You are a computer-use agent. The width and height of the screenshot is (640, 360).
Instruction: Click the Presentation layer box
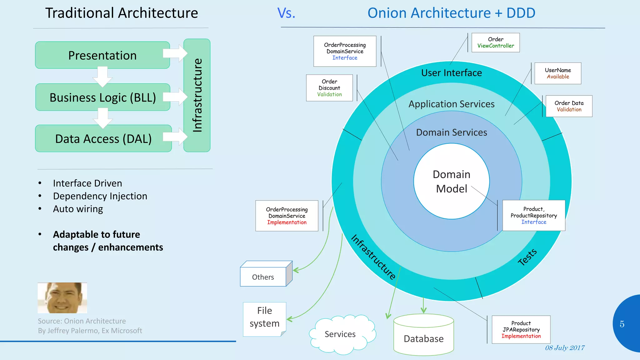[102, 55]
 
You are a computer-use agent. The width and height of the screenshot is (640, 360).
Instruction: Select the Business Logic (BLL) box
[102, 97]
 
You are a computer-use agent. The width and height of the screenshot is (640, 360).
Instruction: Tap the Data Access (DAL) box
[103, 139]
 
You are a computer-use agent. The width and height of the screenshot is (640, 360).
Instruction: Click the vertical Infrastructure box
[197, 95]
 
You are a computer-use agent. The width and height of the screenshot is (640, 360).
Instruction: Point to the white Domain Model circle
[451, 181]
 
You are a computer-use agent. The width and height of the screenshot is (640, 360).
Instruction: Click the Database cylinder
[423, 336]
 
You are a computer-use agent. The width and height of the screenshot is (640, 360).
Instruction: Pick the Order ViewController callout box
[496, 42]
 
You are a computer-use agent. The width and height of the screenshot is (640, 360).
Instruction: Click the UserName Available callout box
[558, 73]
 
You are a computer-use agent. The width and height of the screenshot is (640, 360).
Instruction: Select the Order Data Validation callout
[569, 106]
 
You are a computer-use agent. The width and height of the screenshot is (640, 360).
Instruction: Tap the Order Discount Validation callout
[329, 88]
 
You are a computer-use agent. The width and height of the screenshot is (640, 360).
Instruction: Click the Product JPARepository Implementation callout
[521, 330]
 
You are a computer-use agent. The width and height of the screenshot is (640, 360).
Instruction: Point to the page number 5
[622, 324]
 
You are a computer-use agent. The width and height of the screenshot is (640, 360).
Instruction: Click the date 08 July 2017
[564, 348]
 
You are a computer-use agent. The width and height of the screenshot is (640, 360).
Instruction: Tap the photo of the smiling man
[62, 298]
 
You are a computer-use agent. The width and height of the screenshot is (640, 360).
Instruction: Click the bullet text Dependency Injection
[100, 196]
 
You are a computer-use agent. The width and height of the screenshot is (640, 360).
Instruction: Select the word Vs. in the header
[286, 13]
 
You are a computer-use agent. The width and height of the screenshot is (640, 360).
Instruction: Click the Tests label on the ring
[527, 257]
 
